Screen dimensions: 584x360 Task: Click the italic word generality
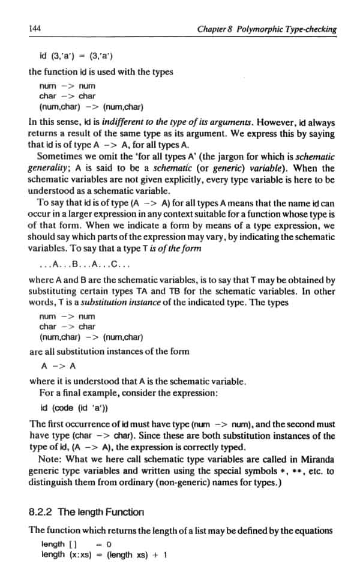click(47, 169)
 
